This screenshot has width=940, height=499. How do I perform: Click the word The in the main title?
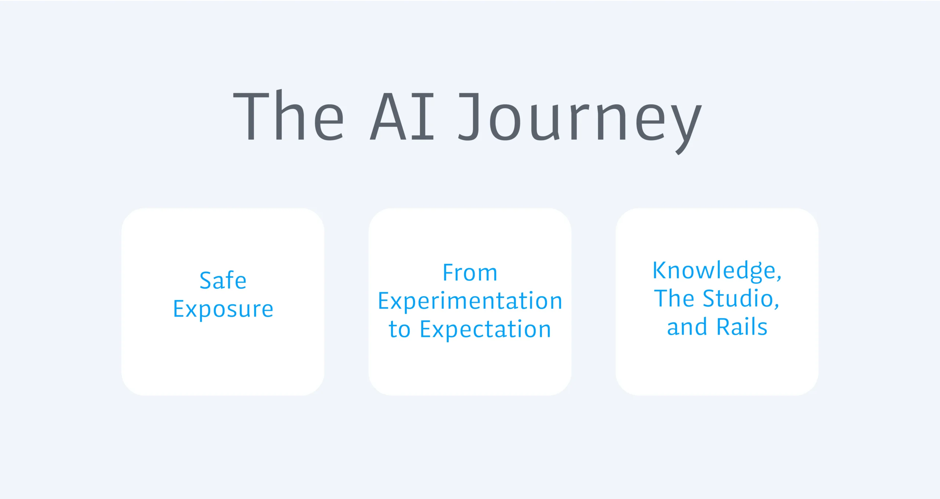coord(289,115)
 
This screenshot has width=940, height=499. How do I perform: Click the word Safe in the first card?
coord(223,280)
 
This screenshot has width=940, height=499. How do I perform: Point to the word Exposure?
coord(223,309)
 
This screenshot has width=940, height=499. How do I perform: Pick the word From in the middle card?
coord(470,273)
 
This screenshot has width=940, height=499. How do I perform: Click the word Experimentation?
coord(470,302)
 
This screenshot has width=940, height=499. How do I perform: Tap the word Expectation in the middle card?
coord(485,330)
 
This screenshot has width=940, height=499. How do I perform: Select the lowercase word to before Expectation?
coord(399,330)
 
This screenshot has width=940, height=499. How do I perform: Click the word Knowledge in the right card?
coord(713,271)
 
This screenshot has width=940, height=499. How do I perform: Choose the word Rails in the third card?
coord(742,327)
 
